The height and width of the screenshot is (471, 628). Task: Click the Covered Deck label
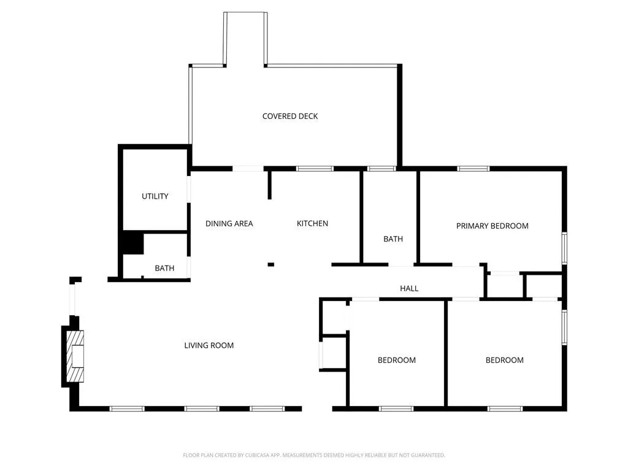tap(290, 117)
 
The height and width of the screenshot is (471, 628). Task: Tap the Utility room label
tap(155, 196)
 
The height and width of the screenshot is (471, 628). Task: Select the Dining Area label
tap(229, 224)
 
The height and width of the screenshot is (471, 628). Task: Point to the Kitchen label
tap(312, 224)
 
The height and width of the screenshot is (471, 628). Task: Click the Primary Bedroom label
tap(492, 226)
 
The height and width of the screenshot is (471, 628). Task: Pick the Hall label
tap(409, 288)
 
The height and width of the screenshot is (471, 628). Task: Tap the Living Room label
tap(209, 345)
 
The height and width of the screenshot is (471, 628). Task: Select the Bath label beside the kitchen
tap(393, 239)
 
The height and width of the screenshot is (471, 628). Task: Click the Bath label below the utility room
tap(164, 269)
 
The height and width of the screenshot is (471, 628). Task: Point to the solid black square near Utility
tap(131, 243)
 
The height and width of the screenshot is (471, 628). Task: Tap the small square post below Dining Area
tap(270, 264)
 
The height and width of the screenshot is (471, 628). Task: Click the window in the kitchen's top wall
tap(315, 169)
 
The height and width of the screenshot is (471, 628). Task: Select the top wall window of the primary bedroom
tap(473, 169)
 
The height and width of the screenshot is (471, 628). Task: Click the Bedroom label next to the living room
tap(396, 360)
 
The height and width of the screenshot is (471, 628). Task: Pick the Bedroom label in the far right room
tap(504, 360)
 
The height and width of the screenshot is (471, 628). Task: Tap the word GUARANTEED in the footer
tap(427, 455)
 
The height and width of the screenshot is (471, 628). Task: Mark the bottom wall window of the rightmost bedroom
tap(505, 408)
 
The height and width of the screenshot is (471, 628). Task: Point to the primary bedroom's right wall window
tap(564, 248)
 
